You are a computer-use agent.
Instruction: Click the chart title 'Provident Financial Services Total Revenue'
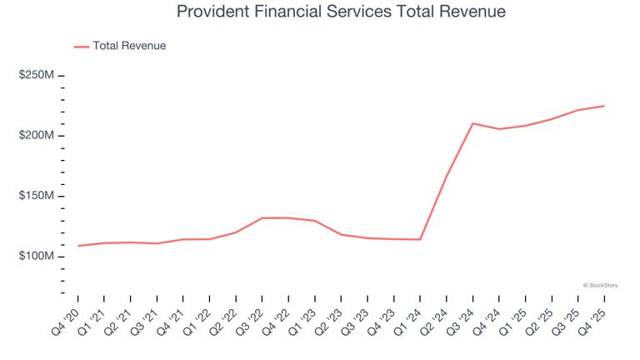coord(341,12)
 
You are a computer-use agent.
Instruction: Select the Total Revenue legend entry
coord(120,46)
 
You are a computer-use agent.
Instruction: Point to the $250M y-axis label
coord(37,75)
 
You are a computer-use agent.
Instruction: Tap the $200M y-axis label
coord(37,135)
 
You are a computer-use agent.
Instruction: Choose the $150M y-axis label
coord(37,196)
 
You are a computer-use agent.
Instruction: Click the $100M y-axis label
coord(37,256)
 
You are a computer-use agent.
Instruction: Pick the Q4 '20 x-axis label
coord(65,322)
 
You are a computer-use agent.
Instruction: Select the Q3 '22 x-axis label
coord(250,322)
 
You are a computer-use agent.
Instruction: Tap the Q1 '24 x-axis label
coord(407,322)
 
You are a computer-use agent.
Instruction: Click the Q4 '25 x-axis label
coord(592,322)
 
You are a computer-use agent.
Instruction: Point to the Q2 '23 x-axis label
coord(328,322)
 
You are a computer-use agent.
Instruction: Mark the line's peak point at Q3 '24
coord(472,123)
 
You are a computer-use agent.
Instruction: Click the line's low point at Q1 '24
coord(420,240)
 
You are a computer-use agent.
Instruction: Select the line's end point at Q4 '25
coord(604,106)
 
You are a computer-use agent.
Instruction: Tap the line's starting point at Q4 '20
coord(78,246)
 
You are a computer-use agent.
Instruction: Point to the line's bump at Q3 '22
coord(262,218)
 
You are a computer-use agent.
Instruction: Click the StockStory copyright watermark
coord(600,285)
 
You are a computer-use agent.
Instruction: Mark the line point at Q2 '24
coord(447,177)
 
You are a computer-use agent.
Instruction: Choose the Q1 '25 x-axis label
coord(513,322)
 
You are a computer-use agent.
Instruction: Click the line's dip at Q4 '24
coord(499,129)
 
